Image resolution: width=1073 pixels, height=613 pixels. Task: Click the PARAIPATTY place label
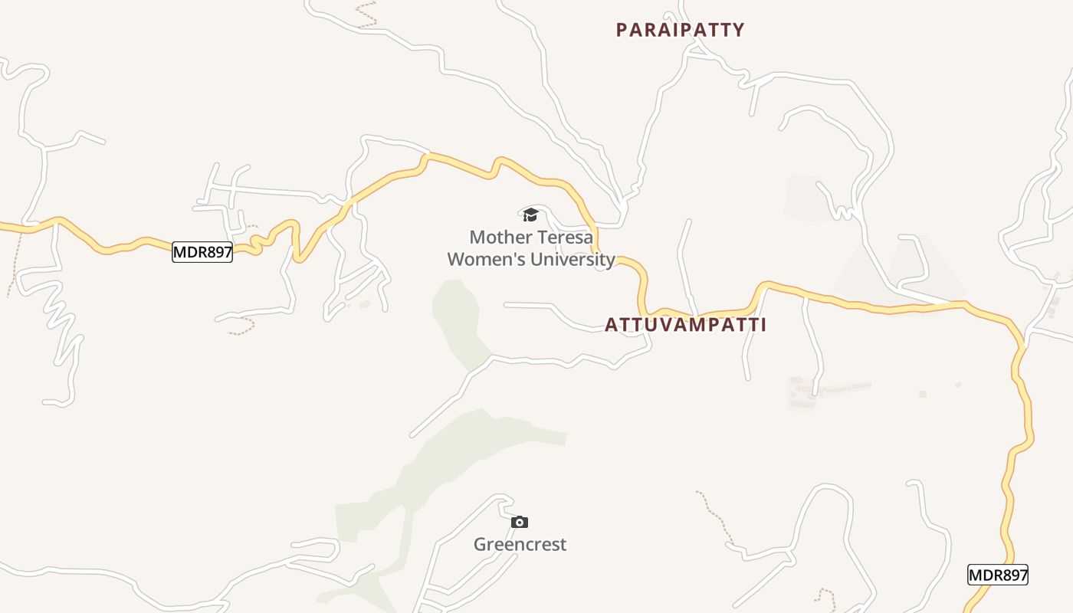tap(680, 30)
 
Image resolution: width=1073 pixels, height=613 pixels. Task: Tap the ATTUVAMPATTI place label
tap(685, 325)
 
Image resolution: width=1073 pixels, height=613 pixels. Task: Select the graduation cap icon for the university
tap(530, 215)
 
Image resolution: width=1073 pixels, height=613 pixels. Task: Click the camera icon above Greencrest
tap(520, 522)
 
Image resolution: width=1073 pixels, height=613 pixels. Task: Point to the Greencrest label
tap(520, 545)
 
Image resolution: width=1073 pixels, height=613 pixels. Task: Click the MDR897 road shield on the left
tap(202, 252)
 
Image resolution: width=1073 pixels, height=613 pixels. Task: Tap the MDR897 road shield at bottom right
tap(997, 575)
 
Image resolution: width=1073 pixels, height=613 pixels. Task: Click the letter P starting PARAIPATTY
tap(622, 30)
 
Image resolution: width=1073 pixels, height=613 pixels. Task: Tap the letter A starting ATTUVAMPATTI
tap(611, 325)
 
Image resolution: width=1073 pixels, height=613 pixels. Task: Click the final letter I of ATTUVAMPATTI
tap(763, 325)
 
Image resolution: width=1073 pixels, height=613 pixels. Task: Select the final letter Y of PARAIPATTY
tap(739, 30)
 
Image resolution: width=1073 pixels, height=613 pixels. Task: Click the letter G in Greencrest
tap(480, 545)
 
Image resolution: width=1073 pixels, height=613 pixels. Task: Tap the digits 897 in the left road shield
tap(216, 252)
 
